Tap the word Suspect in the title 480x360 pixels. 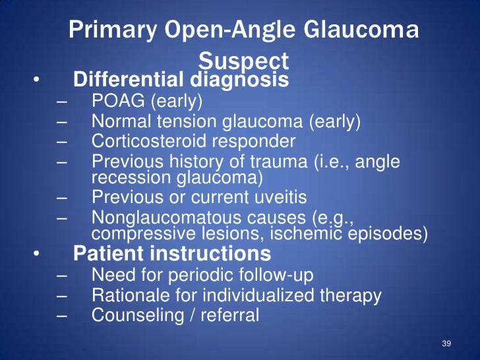pyautogui.click(x=243, y=61)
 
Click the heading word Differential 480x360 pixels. pyautogui.click(x=126, y=80)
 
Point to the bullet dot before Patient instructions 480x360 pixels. pyautogui.click(x=38, y=255)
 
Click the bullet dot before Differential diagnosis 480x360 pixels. pyautogui.click(x=38, y=81)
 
